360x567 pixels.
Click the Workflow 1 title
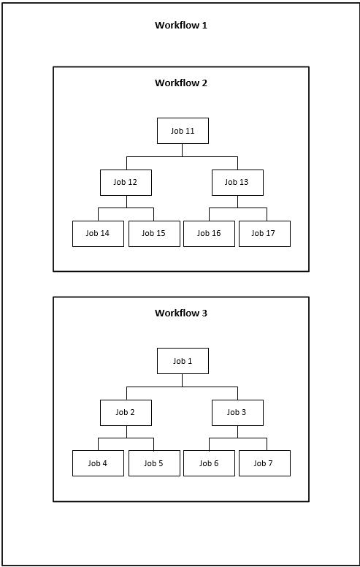click(x=181, y=26)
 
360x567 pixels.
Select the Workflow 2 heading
click(x=181, y=83)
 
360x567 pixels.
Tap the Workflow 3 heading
click(x=181, y=313)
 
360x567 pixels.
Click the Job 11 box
click(x=183, y=131)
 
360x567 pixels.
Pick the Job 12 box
click(x=126, y=183)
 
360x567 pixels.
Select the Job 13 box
click(x=237, y=183)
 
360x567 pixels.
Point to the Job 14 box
click(x=98, y=234)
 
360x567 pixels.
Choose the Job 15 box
click(x=154, y=234)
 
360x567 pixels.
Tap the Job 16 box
click(x=209, y=234)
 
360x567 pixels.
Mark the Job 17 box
click(x=264, y=234)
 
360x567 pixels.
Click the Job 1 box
click(x=183, y=361)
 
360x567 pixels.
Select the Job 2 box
click(x=126, y=413)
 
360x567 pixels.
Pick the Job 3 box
click(x=237, y=413)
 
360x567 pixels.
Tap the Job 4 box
click(x=98, y=463)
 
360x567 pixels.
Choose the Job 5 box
click(x=154, y=463)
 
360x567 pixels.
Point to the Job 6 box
click(x=209, y=463)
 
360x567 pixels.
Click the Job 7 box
click(x=264, y=463)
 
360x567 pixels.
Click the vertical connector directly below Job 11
click(x=182, y=150)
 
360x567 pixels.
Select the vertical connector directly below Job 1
click(x=182, y=381)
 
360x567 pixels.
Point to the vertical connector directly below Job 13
click(x=237, y=202)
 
